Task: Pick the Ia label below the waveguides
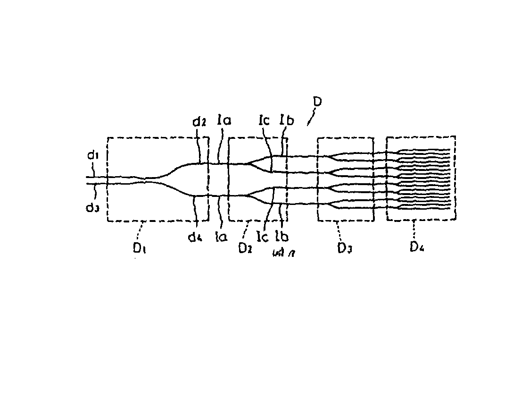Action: coord(220,237)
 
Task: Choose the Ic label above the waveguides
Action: coord(264,121)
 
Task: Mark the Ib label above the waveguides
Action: coord(286,121)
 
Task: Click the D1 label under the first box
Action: coord(140,248)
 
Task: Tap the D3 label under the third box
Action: coord(345,247)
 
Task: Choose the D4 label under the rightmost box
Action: coord(416,246)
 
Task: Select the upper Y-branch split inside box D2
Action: coord(248,163)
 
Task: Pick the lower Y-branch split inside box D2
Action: coord(248,195)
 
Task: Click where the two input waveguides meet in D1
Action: coord(145,179)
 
